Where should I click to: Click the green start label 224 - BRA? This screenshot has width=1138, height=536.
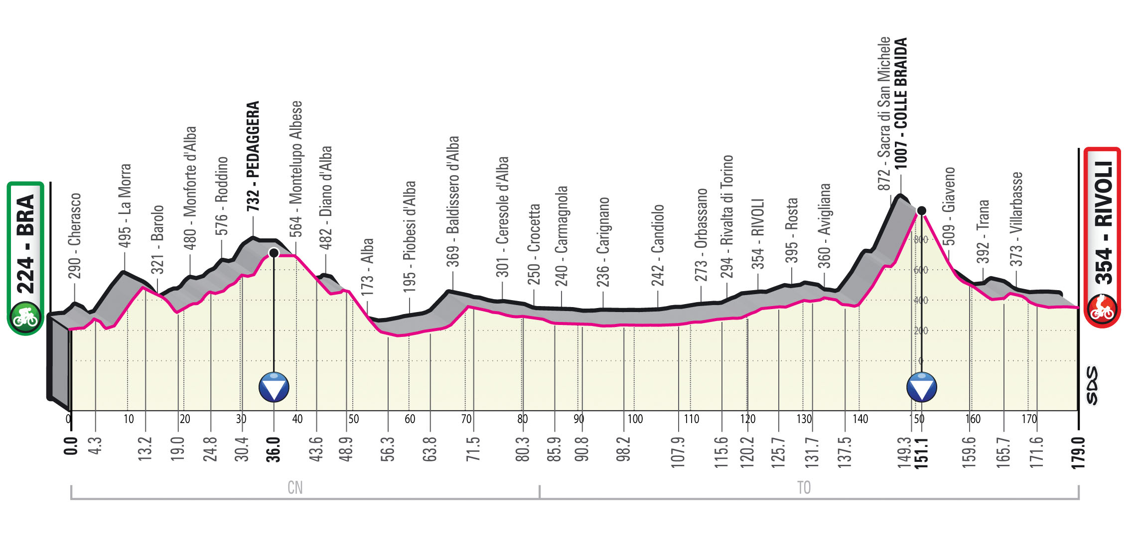click(25, 244)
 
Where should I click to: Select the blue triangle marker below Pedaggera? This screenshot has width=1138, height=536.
click(274, 387)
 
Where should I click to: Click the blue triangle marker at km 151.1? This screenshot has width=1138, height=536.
click(921, 387)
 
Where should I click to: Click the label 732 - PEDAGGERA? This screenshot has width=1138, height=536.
click(253, 156)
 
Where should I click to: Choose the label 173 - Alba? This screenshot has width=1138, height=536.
click(367, 267)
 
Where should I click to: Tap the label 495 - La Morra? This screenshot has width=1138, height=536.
click(125, 206)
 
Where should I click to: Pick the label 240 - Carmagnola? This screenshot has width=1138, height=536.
click(562, 236)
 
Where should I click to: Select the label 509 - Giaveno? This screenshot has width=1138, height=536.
click(949, 207)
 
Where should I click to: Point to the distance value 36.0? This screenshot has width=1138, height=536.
click(273, 450)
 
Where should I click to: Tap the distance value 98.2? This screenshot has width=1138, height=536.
click(623, 449)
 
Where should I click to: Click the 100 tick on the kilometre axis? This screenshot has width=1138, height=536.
click(635, 419)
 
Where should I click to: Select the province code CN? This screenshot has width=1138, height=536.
click(295, 488)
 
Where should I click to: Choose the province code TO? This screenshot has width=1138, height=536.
click(804, 488)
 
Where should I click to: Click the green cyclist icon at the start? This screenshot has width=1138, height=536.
click(25, 318)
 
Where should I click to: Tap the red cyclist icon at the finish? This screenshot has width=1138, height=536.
click(1102, 309)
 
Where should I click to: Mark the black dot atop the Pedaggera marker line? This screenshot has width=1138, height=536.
click(274, 253)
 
